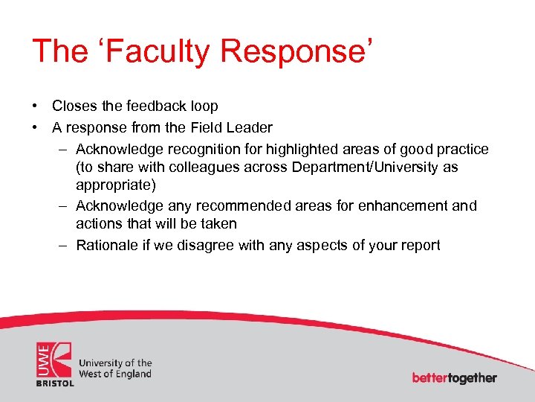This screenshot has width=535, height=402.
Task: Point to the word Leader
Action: point(250,127)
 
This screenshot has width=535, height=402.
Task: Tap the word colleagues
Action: point(206,167)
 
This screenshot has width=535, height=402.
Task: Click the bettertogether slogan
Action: point(454,377)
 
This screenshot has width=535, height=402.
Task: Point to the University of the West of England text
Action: point(115,368)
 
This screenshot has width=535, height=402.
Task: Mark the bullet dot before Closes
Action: point(36,106)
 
